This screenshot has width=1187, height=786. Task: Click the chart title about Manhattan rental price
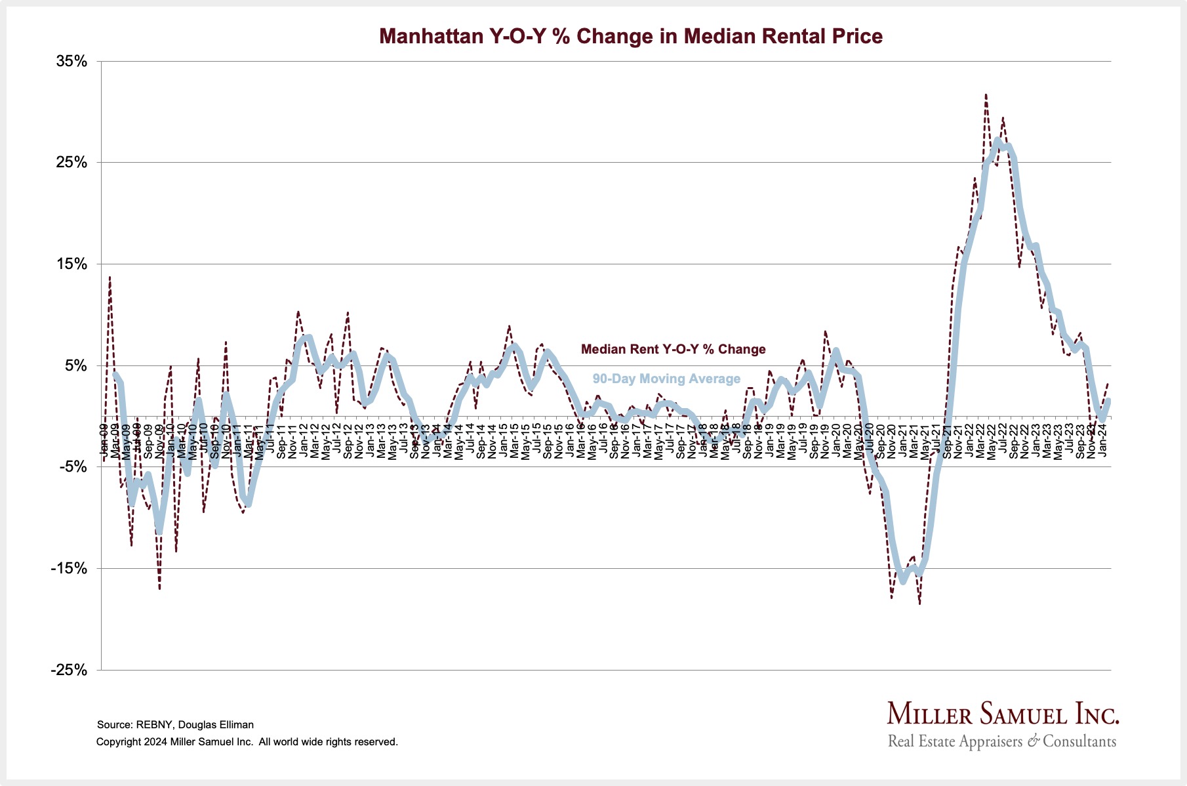(631, 36)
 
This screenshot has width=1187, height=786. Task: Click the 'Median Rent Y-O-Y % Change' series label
(673, 350)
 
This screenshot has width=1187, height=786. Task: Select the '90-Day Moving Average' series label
(666, 379)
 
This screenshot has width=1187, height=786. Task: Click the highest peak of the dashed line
(986, 94)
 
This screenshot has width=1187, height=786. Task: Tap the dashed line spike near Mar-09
(110, 277)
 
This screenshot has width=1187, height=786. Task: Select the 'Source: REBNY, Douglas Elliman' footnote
(175, 725)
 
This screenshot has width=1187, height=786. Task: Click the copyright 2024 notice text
(247, 742)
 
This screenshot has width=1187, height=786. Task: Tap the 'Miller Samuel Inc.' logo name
(1003, 714)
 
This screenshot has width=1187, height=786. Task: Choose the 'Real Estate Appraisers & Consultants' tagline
(1001, 742)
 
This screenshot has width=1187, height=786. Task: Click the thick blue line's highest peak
(997, 140)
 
